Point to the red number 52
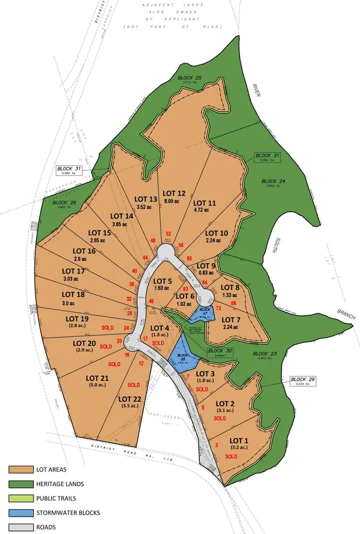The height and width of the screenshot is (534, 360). (169, 234)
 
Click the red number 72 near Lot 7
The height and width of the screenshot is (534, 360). (218, 308)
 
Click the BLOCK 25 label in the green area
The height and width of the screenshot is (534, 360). (190, 78)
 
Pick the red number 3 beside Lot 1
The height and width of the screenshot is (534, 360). (216, 445)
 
